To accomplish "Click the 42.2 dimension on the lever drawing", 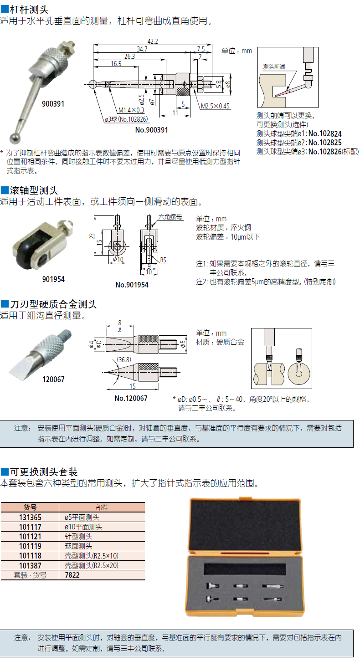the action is [153, 41].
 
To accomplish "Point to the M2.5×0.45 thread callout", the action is [215, 106].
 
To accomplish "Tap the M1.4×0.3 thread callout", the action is [131, 110].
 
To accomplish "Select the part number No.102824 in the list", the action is [325, 134].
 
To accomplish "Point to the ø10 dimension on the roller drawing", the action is [118, 259].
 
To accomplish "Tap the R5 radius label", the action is [163, 260].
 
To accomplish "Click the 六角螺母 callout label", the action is [170, 217].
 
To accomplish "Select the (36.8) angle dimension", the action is [124, 360].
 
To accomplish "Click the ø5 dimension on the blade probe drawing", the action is [183, 344].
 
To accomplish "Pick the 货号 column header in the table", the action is [30, 507].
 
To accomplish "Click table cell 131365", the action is [30, 518].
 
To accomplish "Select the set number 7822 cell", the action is [72, 575].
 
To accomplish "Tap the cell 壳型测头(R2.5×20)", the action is [92, 565].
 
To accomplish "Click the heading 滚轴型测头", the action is [34, 190].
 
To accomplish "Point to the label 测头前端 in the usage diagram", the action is [274, 67].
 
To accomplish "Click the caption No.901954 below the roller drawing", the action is [132, 285].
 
